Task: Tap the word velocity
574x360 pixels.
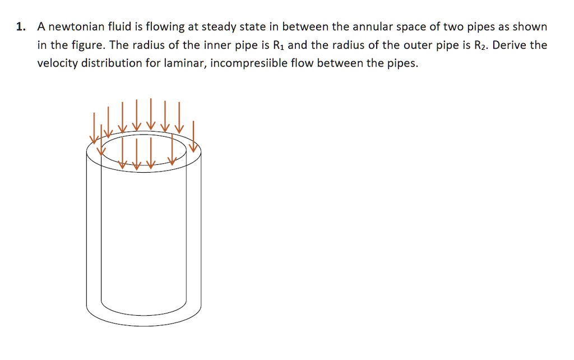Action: [57, 63]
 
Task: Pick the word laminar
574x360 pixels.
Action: [183, 63]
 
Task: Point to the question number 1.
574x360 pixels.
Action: [20, 27]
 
